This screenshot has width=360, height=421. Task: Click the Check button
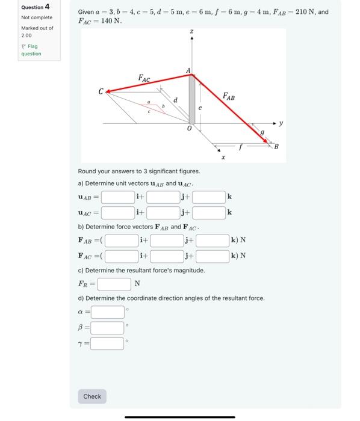tap(92, 396)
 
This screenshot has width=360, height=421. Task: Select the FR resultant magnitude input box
tap(114, 284)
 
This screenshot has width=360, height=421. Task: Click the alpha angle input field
tap(108, 312)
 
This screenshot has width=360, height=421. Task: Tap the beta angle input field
tap(108, 328)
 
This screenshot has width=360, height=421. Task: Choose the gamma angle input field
tap(108, 344)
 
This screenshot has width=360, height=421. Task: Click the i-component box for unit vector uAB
tap(117, 196)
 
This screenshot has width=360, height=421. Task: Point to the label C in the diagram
tap(101, 91)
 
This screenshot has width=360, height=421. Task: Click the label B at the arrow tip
tap(276, 146)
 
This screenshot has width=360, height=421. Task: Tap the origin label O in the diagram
tap(190, 129)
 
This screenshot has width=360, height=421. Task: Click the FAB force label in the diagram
tap(229, 96)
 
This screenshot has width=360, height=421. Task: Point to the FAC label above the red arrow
tap(144, 78)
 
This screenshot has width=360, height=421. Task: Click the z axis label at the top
tap(191, 31)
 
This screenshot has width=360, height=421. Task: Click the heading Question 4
tap(36, 7)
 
